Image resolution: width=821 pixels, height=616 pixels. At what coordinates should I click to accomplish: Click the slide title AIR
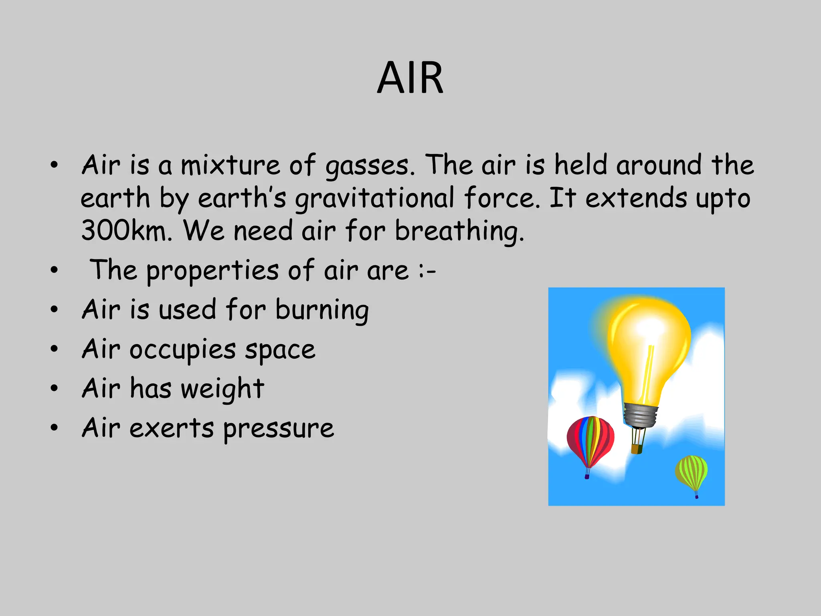click(410, 78)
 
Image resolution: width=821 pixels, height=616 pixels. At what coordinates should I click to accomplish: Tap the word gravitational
click(375, 199)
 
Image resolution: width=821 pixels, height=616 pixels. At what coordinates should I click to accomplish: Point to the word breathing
click(459, 231)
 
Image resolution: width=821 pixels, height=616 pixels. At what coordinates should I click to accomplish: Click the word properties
click(212, 271)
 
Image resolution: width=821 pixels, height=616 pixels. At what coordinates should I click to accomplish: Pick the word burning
click(322, 310)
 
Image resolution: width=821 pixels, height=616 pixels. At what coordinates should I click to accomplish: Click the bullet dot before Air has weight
click(54, 388)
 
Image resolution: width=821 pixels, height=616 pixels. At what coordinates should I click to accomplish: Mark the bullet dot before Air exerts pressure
click(54, 428)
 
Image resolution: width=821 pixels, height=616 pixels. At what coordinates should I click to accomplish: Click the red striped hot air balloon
click(590, 440)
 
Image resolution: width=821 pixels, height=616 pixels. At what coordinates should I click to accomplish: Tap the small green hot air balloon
click(691, 471)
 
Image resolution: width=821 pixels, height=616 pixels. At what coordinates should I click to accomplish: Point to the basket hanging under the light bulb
click(637, 448)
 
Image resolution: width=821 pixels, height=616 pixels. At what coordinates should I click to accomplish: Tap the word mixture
click(230, 166)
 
